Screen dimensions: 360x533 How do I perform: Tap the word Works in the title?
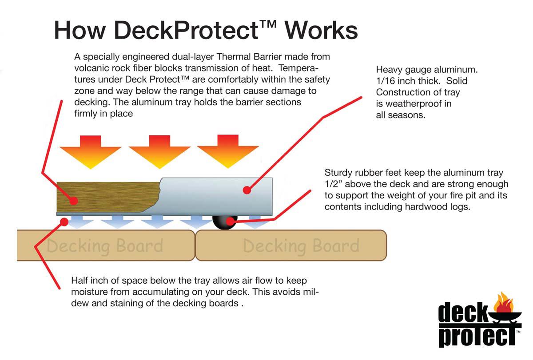coord(321,30)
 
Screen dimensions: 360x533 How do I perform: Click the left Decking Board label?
coord(105,245)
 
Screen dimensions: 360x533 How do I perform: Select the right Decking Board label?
coord(301,245)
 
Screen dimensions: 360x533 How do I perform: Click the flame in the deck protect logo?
coord(504,303)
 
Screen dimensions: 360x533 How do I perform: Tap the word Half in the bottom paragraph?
coord(80,281)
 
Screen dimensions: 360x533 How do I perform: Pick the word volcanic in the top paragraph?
coord(91,69)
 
